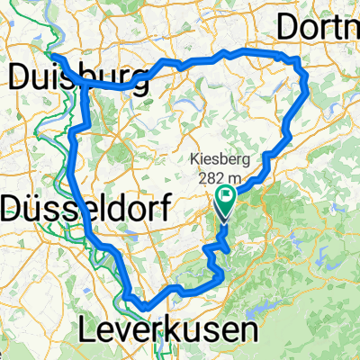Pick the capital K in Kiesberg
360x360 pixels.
point(195,161)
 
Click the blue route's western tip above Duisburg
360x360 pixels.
point(50,57)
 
